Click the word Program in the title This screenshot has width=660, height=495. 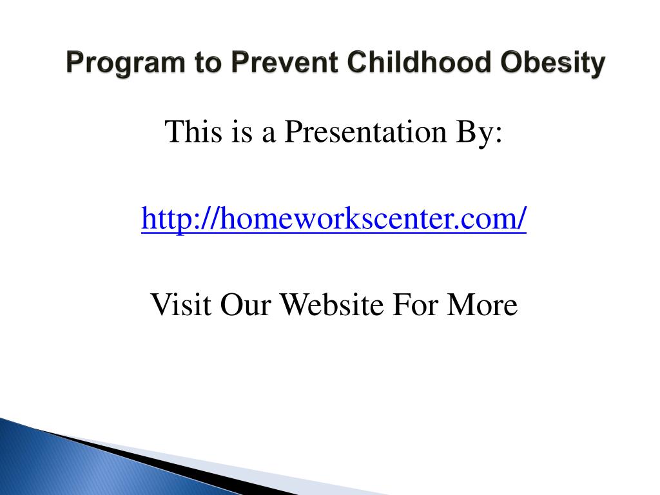(x=126, y=63)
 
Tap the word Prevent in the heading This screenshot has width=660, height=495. (x=285, y=63)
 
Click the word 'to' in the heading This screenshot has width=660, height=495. (x=208, y=63)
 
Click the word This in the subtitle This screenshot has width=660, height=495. (x=193, y=131)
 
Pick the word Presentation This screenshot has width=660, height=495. (x=365, y=131)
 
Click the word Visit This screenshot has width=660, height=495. (x=181, y=304)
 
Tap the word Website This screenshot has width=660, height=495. (x=332, y=304)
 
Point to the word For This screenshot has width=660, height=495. (x=414, y=304)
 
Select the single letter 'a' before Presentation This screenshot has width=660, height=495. (x=269, y=135)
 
